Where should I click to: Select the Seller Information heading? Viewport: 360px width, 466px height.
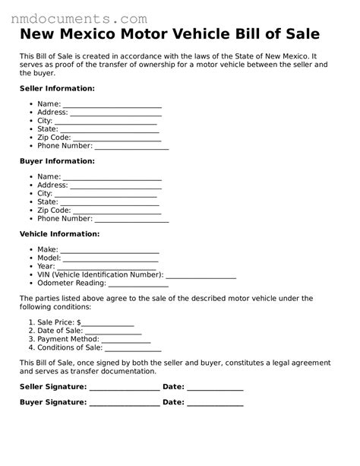click(57, 88)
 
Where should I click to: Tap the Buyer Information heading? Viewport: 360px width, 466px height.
click(57, 161)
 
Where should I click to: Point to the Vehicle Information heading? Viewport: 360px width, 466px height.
click(59, 234)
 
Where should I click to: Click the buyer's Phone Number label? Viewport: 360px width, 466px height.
click(65, 218)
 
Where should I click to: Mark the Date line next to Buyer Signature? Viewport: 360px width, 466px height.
click(215, 404)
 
